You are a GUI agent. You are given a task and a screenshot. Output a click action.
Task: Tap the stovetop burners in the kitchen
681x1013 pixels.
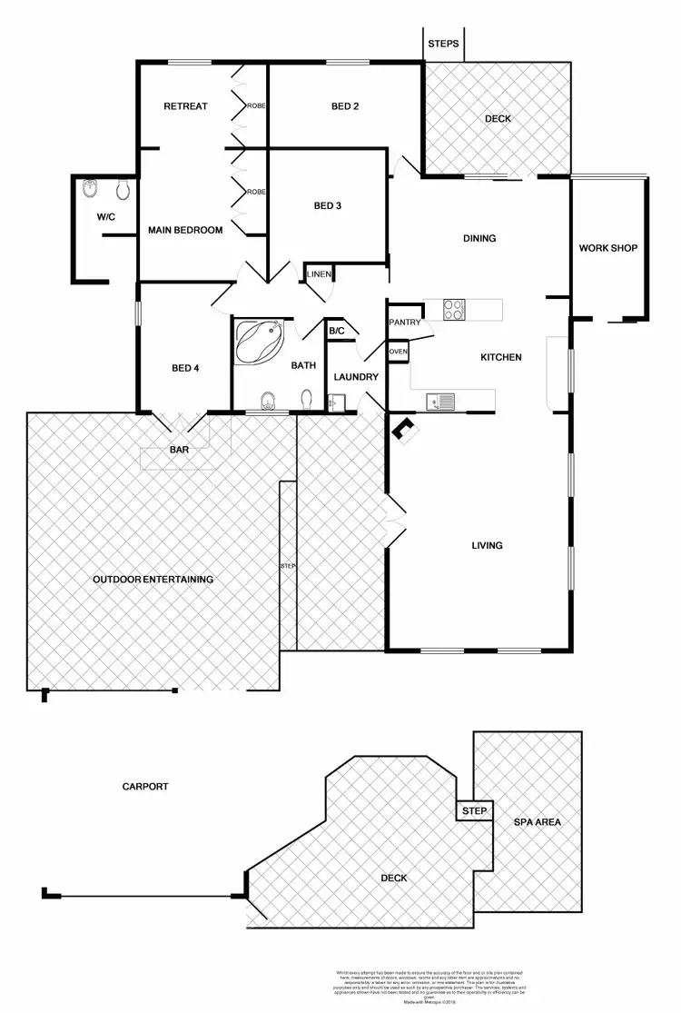pos(455,310)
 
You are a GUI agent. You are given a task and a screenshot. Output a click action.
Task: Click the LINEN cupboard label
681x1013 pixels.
pos(319,273)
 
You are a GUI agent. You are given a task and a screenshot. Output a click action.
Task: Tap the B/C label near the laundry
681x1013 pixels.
pos(336,332)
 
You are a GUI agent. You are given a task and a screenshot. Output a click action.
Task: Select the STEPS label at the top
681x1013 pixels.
pos(443,44)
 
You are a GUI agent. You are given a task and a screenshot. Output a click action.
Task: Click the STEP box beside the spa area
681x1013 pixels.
pos(474,810)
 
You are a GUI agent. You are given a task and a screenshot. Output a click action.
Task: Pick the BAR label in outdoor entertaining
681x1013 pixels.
pos(180,450)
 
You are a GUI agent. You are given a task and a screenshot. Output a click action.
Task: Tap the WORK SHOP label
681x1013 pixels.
pos(607,248)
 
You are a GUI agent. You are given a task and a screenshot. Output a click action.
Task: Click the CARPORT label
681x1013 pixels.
pos(145,787)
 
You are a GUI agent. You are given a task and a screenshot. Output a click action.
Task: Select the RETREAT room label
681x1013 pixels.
pos(185,106)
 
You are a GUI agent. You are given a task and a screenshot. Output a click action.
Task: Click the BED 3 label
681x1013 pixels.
pos(327,206)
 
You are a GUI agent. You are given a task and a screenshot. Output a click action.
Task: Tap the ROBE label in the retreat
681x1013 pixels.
pos(255,106)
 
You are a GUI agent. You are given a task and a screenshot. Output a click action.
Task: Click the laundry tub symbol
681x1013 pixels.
pos(334,401)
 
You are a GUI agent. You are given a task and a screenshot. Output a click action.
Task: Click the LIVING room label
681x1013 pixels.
pos(487,546)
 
